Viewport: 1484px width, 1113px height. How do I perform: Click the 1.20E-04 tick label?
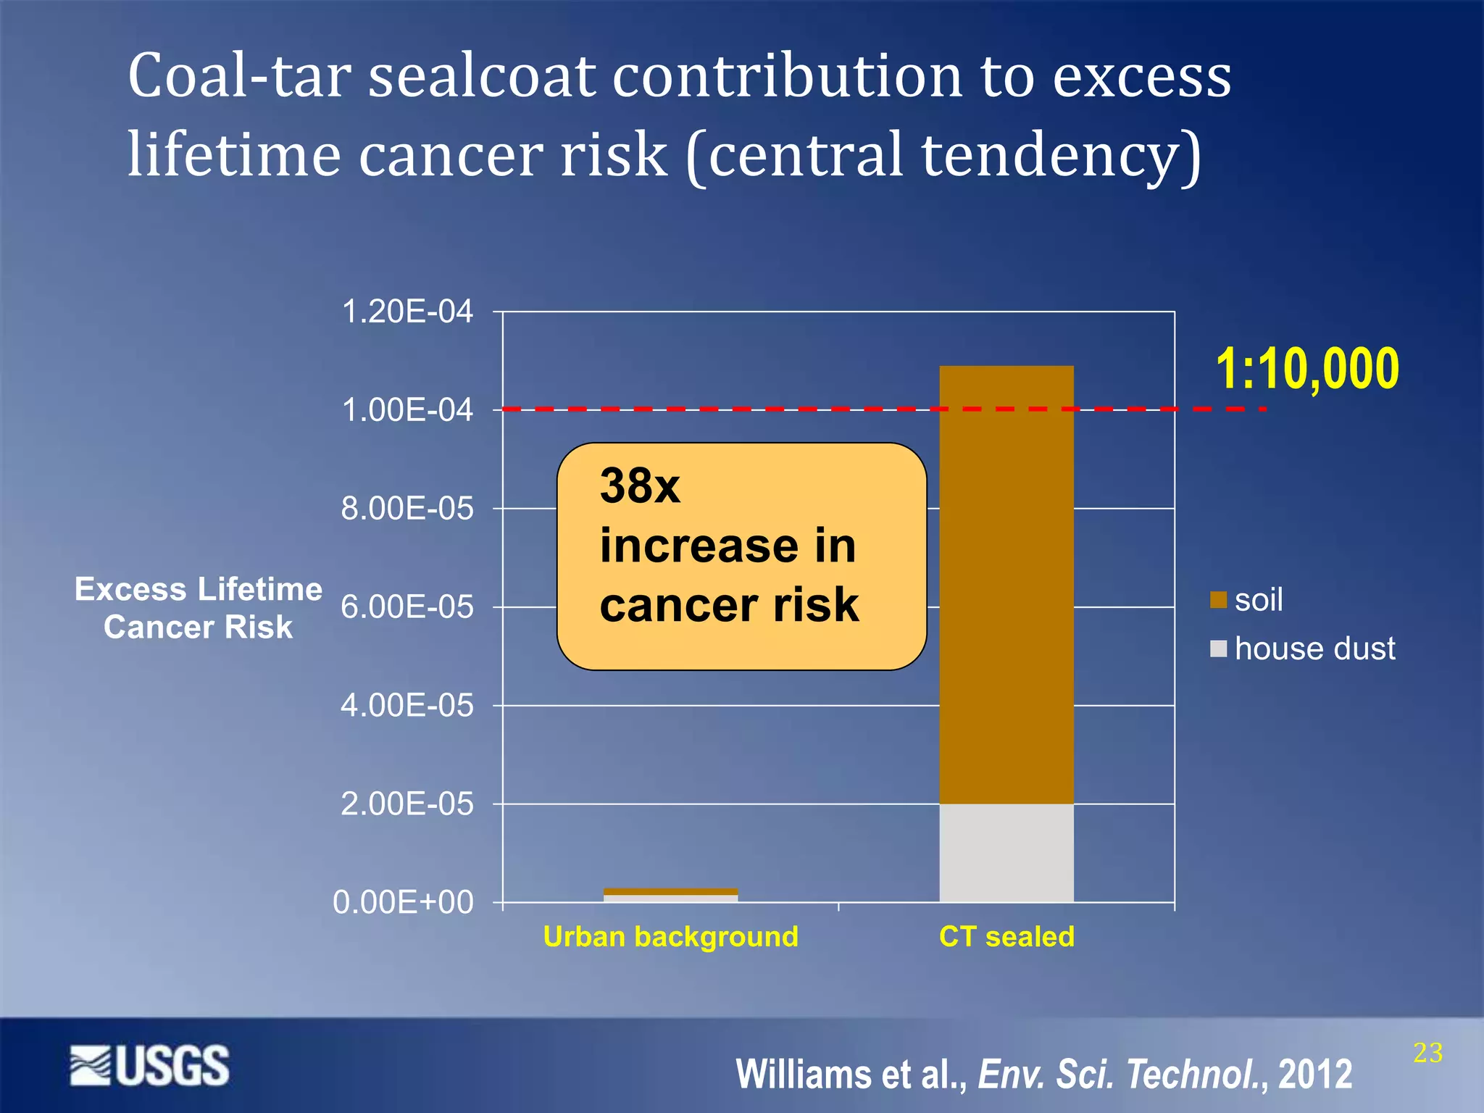pyautogui.click(x=407, y=312)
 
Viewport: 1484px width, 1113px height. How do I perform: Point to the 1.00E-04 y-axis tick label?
pyautogui.click(x=407, y=410)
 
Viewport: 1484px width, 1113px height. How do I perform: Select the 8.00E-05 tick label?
pyautogui.click(x=407, y=509)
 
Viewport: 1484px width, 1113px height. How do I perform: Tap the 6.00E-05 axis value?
pyautogui.click(x=407, y=607)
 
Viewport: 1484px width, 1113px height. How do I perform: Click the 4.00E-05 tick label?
pyautogui.click(x=407, y=706)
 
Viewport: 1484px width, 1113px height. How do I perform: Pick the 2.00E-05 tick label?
pyautogui.click(x=407, y=804)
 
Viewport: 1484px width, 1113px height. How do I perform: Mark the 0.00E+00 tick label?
pyautogui.click(x=403, y=903)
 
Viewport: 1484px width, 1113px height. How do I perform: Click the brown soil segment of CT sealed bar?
pyautogui.click(x=1006, y=580)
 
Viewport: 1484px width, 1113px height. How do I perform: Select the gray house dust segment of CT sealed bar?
pyautogui.click(x=1006, y=853)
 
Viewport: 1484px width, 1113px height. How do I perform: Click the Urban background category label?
pyautogui.click(x=670, y=937)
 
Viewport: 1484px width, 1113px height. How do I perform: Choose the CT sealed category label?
pyautogui.click(x=1006, y=937)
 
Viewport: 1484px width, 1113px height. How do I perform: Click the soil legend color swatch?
pyautogui.click(x=1218, y=600)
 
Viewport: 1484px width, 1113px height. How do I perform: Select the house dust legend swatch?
pyautogui.click(x=1218, y=649)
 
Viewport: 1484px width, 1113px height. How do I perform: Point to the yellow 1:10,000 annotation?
pyautogui.click(x=1307, y=370)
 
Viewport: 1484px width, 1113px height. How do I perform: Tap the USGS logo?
pyautogui.click(x=150, y=1065)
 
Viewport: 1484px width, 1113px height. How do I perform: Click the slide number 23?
pyautogui.click(x=1427, y=1053)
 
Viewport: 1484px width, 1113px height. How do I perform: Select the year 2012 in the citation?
pyautogui.click(x=1315, y=1074)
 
